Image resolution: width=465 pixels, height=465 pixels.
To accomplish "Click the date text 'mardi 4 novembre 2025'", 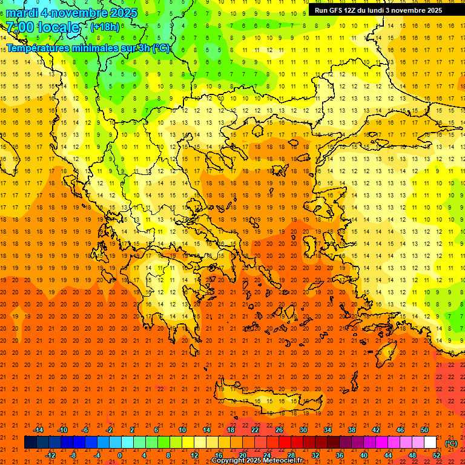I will pyautogui.click(x=72, y=13).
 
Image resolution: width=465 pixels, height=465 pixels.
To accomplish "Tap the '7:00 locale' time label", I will pyautogui.click(x=42, y=27).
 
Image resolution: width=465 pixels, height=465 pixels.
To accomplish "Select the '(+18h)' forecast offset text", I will pyautogui.click(x=105, y=27).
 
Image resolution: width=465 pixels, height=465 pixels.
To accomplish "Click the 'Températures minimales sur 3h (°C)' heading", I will pyautogui.click(x=88, y=48).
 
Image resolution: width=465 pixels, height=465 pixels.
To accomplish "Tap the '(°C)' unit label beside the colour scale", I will pyautogui.click(x=451, y=443).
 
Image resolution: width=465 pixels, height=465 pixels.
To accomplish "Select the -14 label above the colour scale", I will pyautogui.click(x=38, y=430).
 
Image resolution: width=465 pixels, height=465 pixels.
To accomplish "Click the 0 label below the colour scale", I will pyautogui.click(x=119, y=455).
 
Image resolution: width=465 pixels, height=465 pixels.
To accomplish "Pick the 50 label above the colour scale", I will pyautogui.click(x=424, y=430).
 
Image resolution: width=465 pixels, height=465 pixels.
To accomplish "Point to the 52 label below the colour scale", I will pyautogui.click(x=436, y=455).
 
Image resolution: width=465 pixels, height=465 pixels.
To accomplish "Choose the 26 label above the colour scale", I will pyautogui.click(x=279, y=430).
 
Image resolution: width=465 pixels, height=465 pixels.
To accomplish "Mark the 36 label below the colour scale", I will pyautogui.click(x=340, y=455).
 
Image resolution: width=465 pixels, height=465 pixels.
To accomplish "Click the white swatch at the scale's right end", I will pyautogui.click(x=430, y=443).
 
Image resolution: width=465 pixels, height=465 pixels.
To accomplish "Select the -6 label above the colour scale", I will pyautogui.click(x=85, y=430).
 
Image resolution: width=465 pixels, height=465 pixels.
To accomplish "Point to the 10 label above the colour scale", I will pyautogui.click(x=182, y=430).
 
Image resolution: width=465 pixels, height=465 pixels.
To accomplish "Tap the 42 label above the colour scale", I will pyautogui.click(x=375, y=430).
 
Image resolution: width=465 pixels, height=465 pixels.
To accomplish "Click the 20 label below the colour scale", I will pyautogui.click(x=242, y=455).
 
